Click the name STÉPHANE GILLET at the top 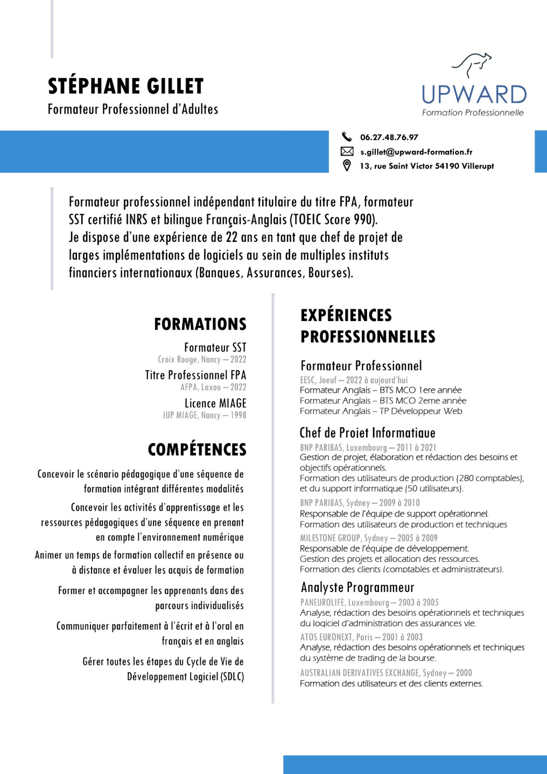click(126, 86)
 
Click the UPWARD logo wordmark click(474, 95)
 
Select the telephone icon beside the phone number click(347, 137)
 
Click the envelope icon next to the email click(347, 151)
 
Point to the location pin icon click(347, 165)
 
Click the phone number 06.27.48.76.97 click(389, 137)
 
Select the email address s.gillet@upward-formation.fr click(416, 152)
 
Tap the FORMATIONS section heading click(200, 324)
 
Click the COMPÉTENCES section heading click(197, 449)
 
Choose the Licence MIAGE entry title click(215, 403)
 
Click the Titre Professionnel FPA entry click(195, 375)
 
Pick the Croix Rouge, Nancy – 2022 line click(202, 359)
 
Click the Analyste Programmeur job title click(357, 587)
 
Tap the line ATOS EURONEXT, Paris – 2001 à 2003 click(361, 637)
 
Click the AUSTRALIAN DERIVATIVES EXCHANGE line click(385, 673)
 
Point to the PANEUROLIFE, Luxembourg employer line click(369, 602)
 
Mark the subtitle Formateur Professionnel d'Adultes click(133, 109)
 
